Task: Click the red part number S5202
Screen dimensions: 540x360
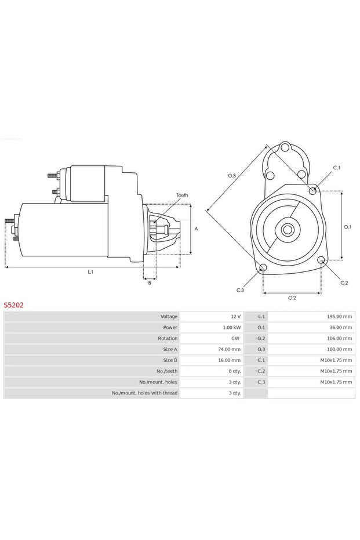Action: pyautogui.click(x=14, y=304)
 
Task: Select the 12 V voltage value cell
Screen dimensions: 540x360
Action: pyautogui.click(x=235, y=317)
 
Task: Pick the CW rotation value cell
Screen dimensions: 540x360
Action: pyautogui.click(x=235, y=338)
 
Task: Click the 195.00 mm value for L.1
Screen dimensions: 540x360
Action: pyautogui.click(x=340, y=317)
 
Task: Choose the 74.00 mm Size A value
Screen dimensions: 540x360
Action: pyautogui.click(x=229, y=349)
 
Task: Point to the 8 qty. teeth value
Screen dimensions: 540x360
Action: pyautogui.click(x=234, y=371)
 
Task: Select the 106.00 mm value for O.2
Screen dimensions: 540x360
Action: pyautogui.click(x=340, y=338)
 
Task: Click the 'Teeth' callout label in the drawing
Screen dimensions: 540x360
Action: pyautogui.click(x=182, y=195)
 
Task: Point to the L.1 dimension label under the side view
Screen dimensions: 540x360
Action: pyautogui.click(x=90, y=272)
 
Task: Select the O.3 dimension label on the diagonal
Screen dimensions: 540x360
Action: pyautogui.click(x=231, y=175)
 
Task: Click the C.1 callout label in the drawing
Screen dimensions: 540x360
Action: pyautogui.click(x=336, y=168)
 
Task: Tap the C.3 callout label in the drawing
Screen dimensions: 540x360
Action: pyautogui.click(x=240, y=290)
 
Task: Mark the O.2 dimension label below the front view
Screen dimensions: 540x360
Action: pyautogui.click(x=292, y=298)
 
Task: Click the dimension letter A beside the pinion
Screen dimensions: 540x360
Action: pyautogui.click(x=196, y=229)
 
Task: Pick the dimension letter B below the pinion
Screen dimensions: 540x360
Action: pyautogui.click(x=150, y=282)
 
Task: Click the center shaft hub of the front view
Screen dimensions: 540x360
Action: pyautogui.click(x=288, y=230)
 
